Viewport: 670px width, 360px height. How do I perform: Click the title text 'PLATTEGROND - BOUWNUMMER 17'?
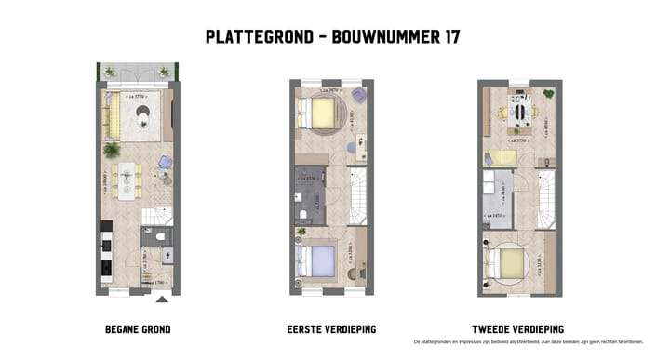click(x=332, y=37)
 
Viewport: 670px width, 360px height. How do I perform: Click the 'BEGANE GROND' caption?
click(x=138, y=329)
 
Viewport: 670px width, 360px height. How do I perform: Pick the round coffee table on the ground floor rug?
click(x=142, y=113)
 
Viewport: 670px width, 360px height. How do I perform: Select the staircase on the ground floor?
click(x=156, y=218)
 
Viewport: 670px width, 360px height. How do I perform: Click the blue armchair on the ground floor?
click(x=165, y=162)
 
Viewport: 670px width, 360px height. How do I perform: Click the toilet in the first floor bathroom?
click(x=304, y=215)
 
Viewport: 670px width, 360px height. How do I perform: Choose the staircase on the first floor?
click(x=357, y=195)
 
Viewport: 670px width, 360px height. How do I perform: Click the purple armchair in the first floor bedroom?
click(x=357, y=96)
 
